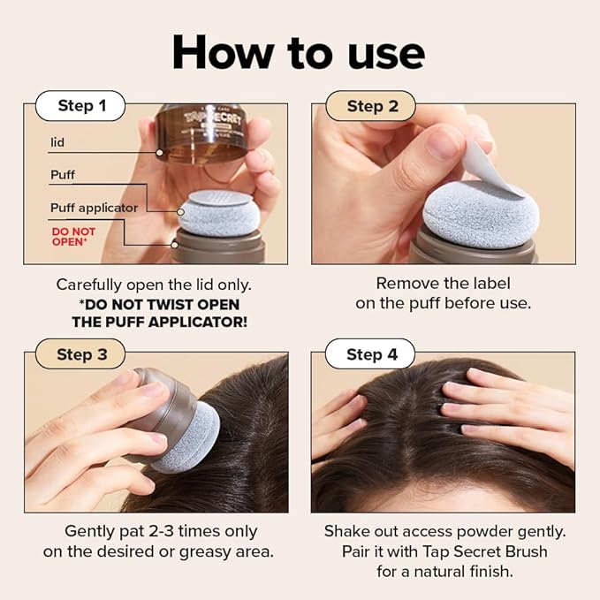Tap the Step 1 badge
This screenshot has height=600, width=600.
click(x=81, y=106)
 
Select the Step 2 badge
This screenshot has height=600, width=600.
click(x=372, y=106)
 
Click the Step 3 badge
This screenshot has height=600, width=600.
click(x=81, y=354)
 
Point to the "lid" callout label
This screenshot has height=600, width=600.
click(x=57, y=141)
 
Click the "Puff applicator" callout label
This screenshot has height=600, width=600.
click(x=94, y=208)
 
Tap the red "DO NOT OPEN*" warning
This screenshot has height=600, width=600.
click(x=72, y=236)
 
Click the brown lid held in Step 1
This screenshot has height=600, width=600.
click(x=202, y=133)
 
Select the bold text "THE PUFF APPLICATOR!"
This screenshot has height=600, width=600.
click(x=159, y=322)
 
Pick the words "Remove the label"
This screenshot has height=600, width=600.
click(x=443, y=284)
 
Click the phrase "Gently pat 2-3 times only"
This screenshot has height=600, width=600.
click(x=160, y=532)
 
